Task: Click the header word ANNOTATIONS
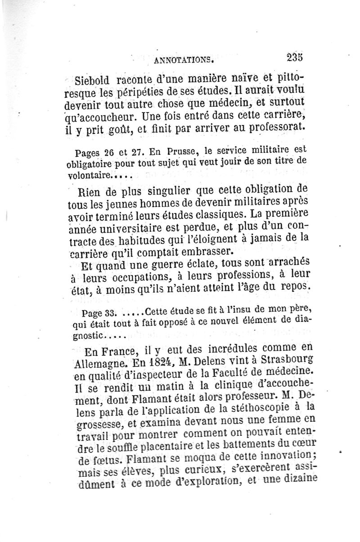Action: point(182,59)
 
